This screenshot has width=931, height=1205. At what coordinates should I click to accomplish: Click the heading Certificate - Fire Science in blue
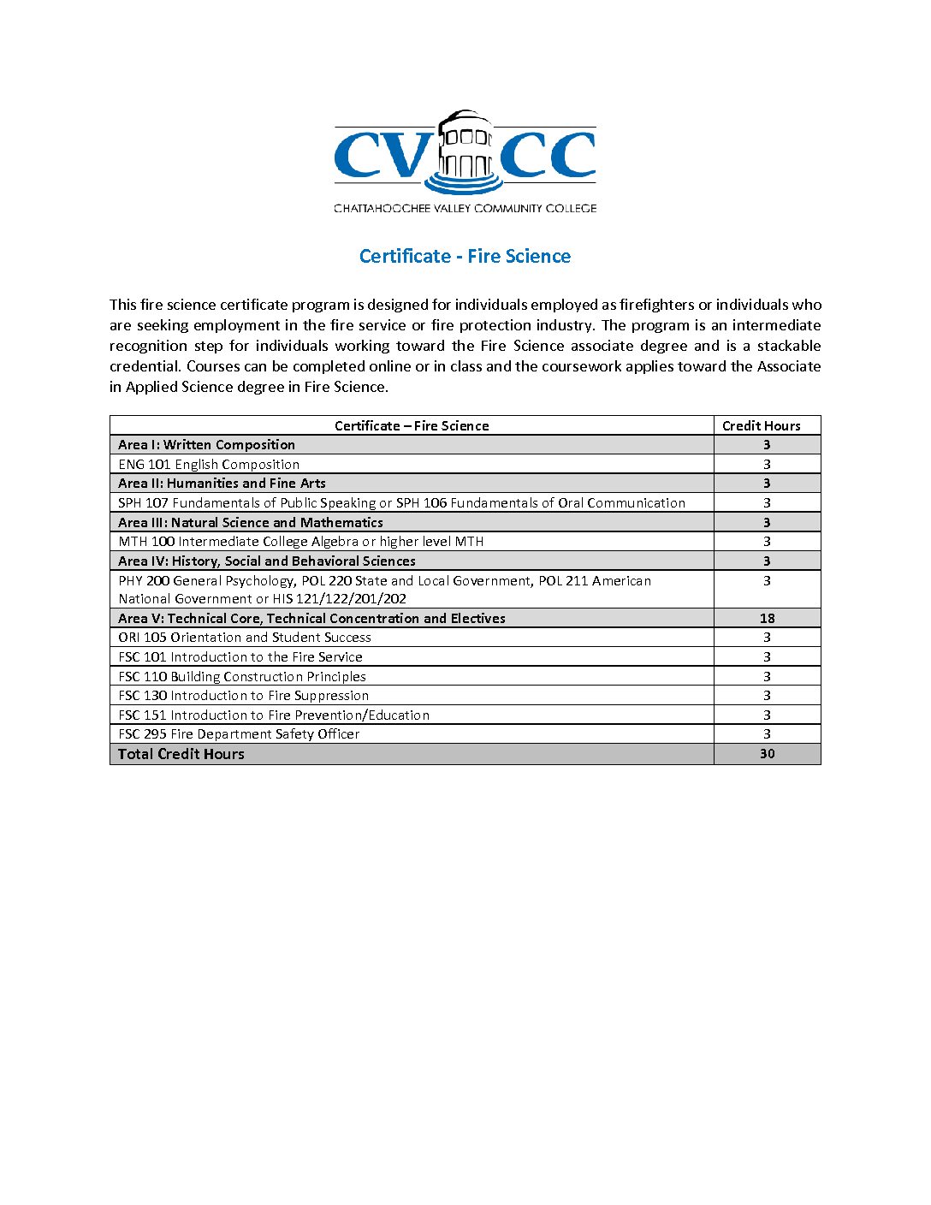[465, 256]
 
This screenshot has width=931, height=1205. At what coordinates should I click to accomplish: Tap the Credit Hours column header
[761, 425]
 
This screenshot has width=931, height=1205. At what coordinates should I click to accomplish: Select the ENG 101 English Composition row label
[209, 464]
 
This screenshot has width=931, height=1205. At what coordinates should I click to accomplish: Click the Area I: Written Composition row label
[206, 445]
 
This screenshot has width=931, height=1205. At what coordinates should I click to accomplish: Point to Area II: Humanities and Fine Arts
[222, 484]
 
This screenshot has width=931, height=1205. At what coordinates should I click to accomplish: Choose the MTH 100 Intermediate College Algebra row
[300, 542]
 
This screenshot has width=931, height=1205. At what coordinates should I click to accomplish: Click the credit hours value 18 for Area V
[767, 618]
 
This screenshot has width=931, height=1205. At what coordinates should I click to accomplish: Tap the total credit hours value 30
[767, 754]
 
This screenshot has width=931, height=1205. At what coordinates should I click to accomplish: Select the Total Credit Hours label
[181, 754]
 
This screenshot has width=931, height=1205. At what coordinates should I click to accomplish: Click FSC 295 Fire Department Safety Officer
[239, 734]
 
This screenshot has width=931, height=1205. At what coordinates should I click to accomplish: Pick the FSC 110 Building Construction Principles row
[242, 676]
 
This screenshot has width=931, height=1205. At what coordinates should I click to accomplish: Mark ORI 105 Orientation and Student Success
[245, 638]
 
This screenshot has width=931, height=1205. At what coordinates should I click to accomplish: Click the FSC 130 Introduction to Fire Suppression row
[243, 696]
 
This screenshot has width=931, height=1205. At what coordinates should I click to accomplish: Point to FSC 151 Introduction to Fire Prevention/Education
[274, 715]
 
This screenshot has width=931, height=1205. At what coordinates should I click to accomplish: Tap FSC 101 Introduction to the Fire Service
[240, 657]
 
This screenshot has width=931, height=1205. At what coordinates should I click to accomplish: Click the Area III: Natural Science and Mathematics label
[250, 522]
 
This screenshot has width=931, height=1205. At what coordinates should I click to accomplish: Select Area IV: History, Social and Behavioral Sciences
[266, 561]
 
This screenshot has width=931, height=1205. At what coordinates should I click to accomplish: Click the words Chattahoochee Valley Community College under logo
[465, 208]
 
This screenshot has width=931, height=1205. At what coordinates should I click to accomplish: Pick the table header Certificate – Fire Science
[412, 425]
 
